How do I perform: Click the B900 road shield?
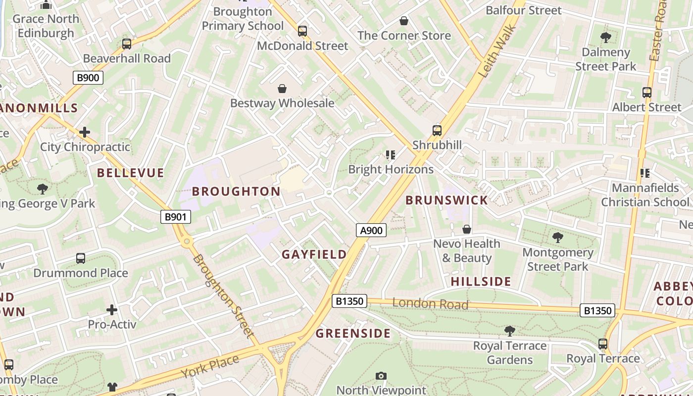(89, 77)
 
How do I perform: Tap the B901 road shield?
(176, 216)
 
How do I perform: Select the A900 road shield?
(371, 230)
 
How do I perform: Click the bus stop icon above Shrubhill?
(437, 131)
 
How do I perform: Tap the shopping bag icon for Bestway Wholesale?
(282, 89)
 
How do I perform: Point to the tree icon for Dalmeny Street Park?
(605, 38)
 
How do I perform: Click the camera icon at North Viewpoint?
(381, 376)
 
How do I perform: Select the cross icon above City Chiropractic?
(85, 132)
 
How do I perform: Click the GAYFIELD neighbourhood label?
(314, 254)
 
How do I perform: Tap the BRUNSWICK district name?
(446, 200)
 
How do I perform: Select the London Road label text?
(430, 304)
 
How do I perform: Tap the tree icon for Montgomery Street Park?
(558, 238)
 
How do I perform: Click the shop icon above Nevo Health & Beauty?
(466, 230)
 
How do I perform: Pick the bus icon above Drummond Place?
(81, 258)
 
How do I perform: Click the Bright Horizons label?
(391, 169)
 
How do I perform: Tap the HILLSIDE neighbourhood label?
(481, 282)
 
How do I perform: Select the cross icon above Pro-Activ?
(112, 310)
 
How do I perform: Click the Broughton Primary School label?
(243, 19)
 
